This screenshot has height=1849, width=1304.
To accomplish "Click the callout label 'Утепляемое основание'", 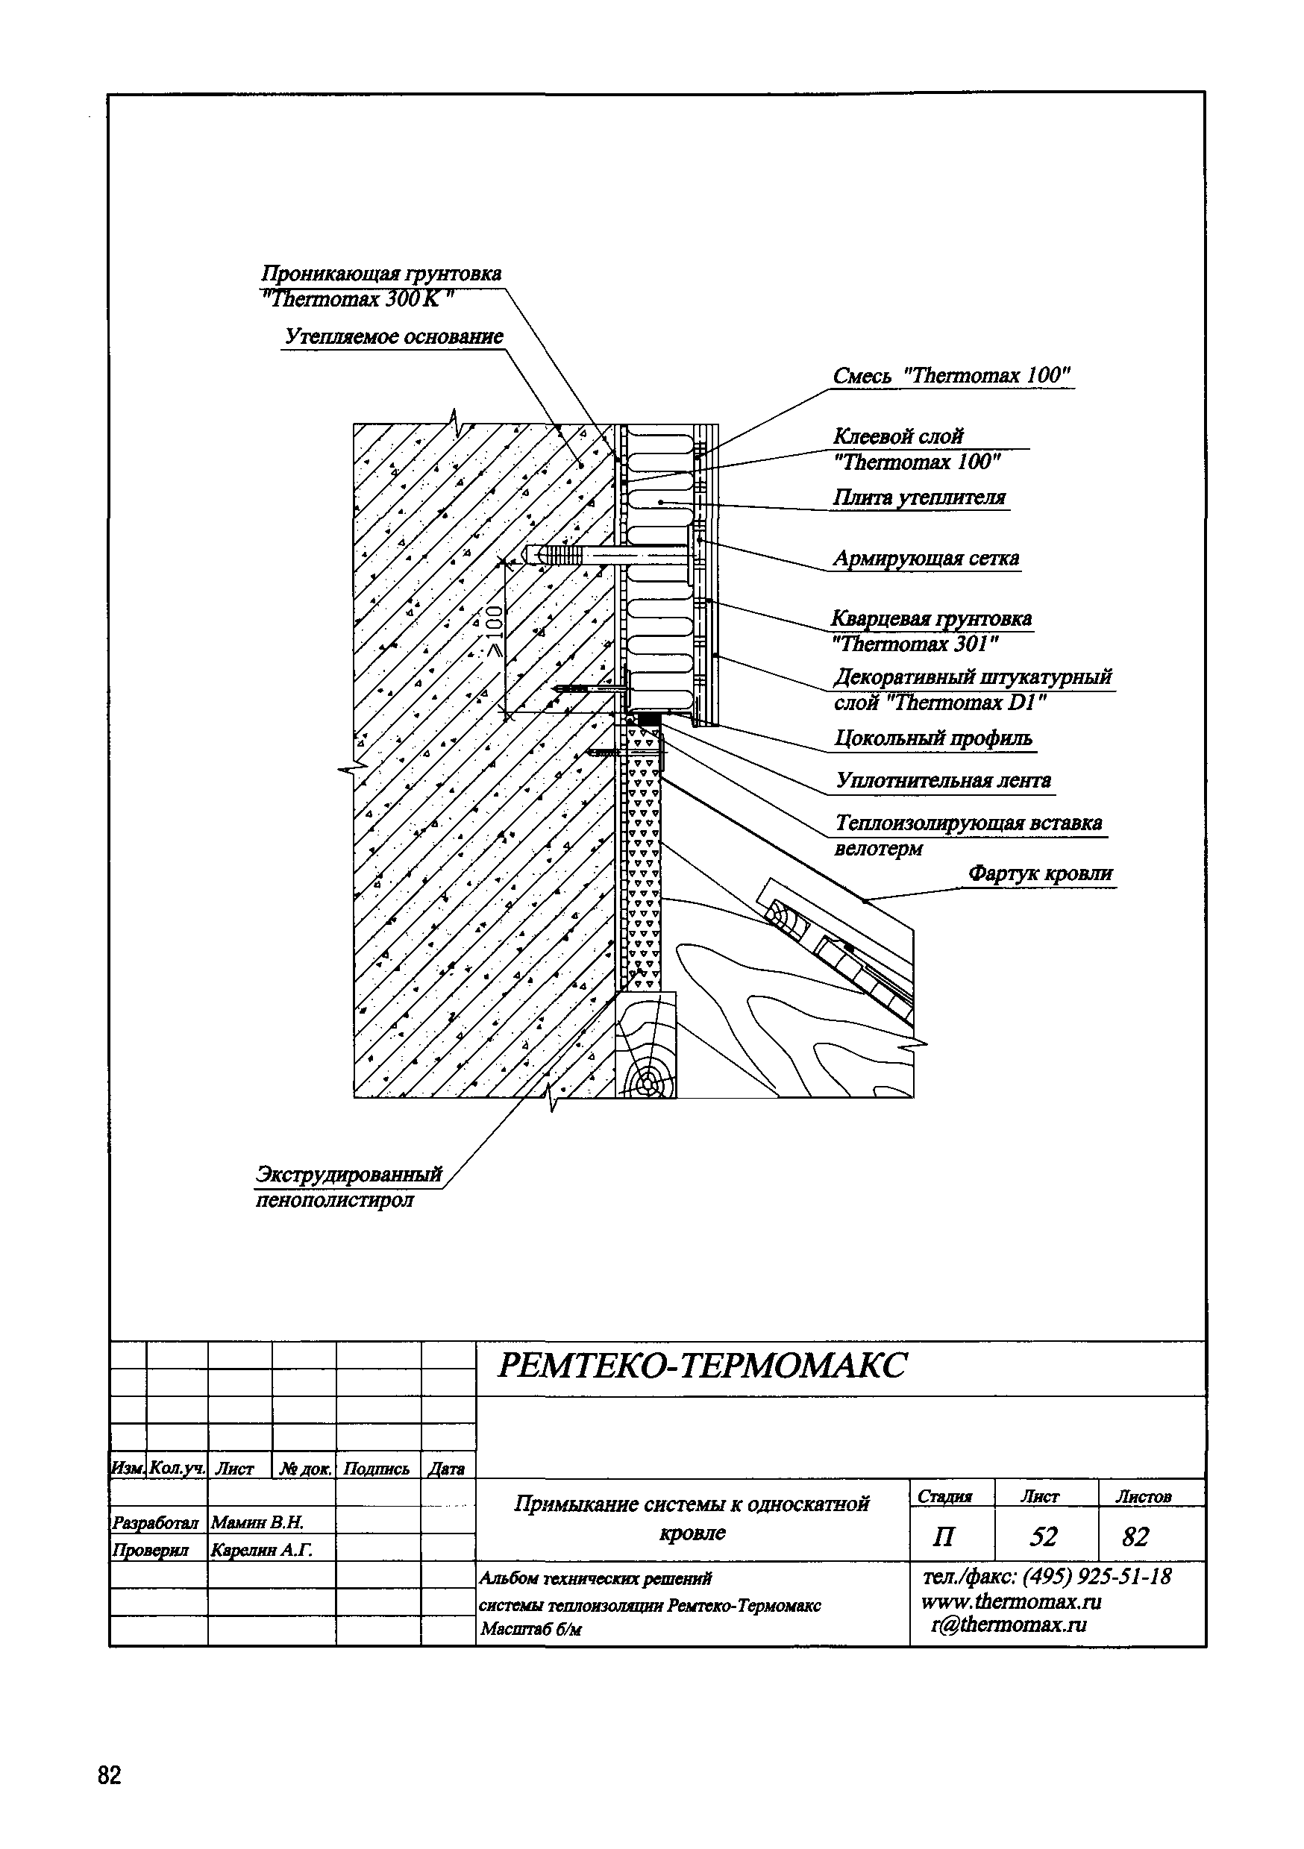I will click(394, 336).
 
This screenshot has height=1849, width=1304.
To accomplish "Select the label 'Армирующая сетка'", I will click(926, 558).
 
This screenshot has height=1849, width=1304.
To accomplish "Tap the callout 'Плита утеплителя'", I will click(919, 497).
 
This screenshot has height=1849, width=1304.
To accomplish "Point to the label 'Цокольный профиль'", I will click(933, 738).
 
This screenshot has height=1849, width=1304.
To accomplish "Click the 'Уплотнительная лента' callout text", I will click(943, 780).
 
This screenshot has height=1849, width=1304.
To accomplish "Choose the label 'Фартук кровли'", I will click(1040, 873).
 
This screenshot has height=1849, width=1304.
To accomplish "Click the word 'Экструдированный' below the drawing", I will click(349, 1174).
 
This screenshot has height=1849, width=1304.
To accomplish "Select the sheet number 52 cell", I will click(1043, 1536).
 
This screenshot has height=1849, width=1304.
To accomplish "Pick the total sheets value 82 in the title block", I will click(1135, 1536).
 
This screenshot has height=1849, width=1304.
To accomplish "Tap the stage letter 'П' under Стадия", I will click(942, 1537).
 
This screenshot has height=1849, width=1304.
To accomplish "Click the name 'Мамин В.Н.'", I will click(257, 1522).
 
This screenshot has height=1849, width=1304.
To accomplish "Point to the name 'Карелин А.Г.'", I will click(261, 1549).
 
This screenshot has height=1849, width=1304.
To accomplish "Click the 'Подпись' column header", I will click(376, 1469).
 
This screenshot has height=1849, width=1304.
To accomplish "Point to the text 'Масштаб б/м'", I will click(529, 1630).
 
